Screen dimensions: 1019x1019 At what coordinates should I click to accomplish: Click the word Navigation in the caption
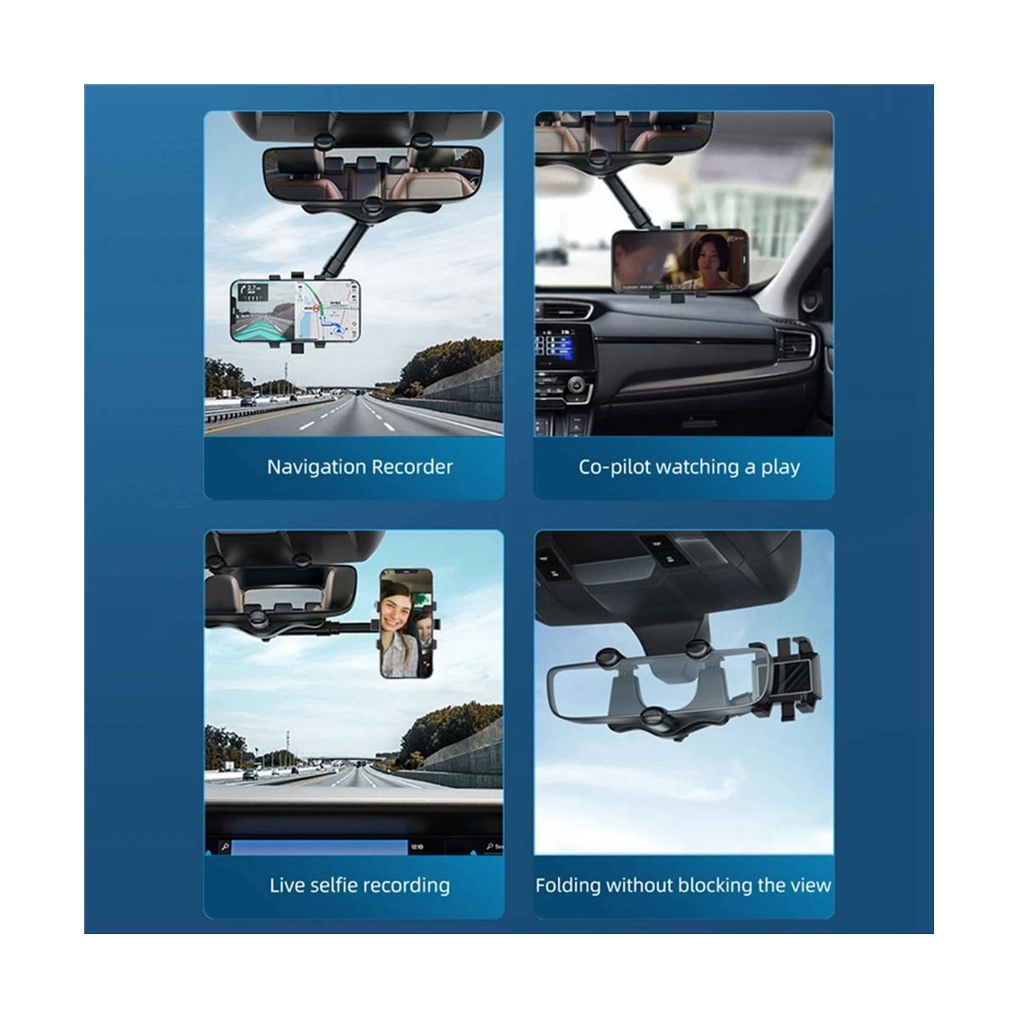point(316,468)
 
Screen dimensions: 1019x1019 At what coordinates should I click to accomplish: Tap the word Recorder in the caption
point(412,467)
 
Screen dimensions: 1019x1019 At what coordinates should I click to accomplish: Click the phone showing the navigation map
point(296,311)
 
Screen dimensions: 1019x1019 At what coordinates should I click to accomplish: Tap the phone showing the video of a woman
point(680,262)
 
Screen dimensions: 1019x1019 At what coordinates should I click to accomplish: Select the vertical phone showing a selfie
point(406,623)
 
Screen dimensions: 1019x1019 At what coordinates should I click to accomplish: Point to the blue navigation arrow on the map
point(337,332)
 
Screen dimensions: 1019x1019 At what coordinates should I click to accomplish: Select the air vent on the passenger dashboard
point(795,344)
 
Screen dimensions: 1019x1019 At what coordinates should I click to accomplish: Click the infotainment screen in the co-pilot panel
point(557,341)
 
